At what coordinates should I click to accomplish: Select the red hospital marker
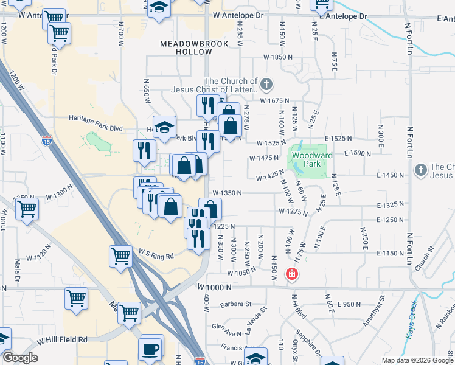(x=292, y=274)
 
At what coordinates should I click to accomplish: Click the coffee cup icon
(x=150, y=349)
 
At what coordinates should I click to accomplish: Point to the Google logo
(x=19, y=358)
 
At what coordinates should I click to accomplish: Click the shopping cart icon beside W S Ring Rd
(x=120, y=257)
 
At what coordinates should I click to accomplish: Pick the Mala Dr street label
(x=18, y=274)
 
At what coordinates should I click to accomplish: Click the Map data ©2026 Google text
(x=417, y=360)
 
